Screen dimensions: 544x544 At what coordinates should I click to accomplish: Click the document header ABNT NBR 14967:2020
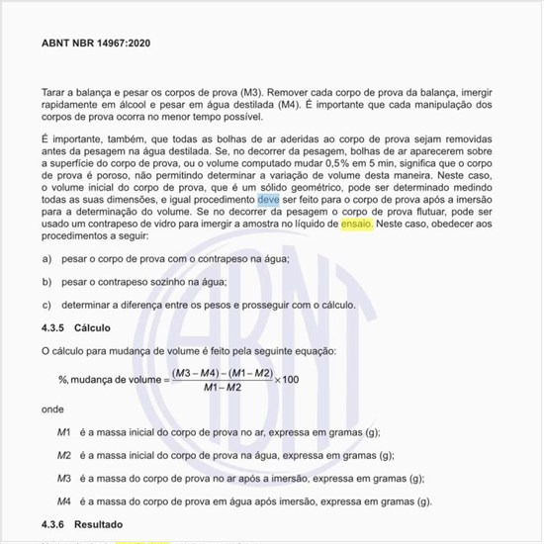point(95,44)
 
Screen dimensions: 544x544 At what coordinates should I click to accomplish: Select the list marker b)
point(46,281)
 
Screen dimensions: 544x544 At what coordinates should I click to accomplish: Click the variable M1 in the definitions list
point(63,432)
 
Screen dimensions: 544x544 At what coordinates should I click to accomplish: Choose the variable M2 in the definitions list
point(63,455)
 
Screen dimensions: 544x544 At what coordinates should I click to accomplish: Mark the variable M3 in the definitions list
point(63,478)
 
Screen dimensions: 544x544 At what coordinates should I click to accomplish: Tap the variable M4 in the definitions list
point(63,500)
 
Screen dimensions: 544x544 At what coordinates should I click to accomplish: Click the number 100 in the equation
point(291,380)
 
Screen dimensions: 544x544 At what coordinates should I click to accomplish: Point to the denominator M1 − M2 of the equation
point(221,388)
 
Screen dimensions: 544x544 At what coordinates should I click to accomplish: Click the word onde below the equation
point(52,408)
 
